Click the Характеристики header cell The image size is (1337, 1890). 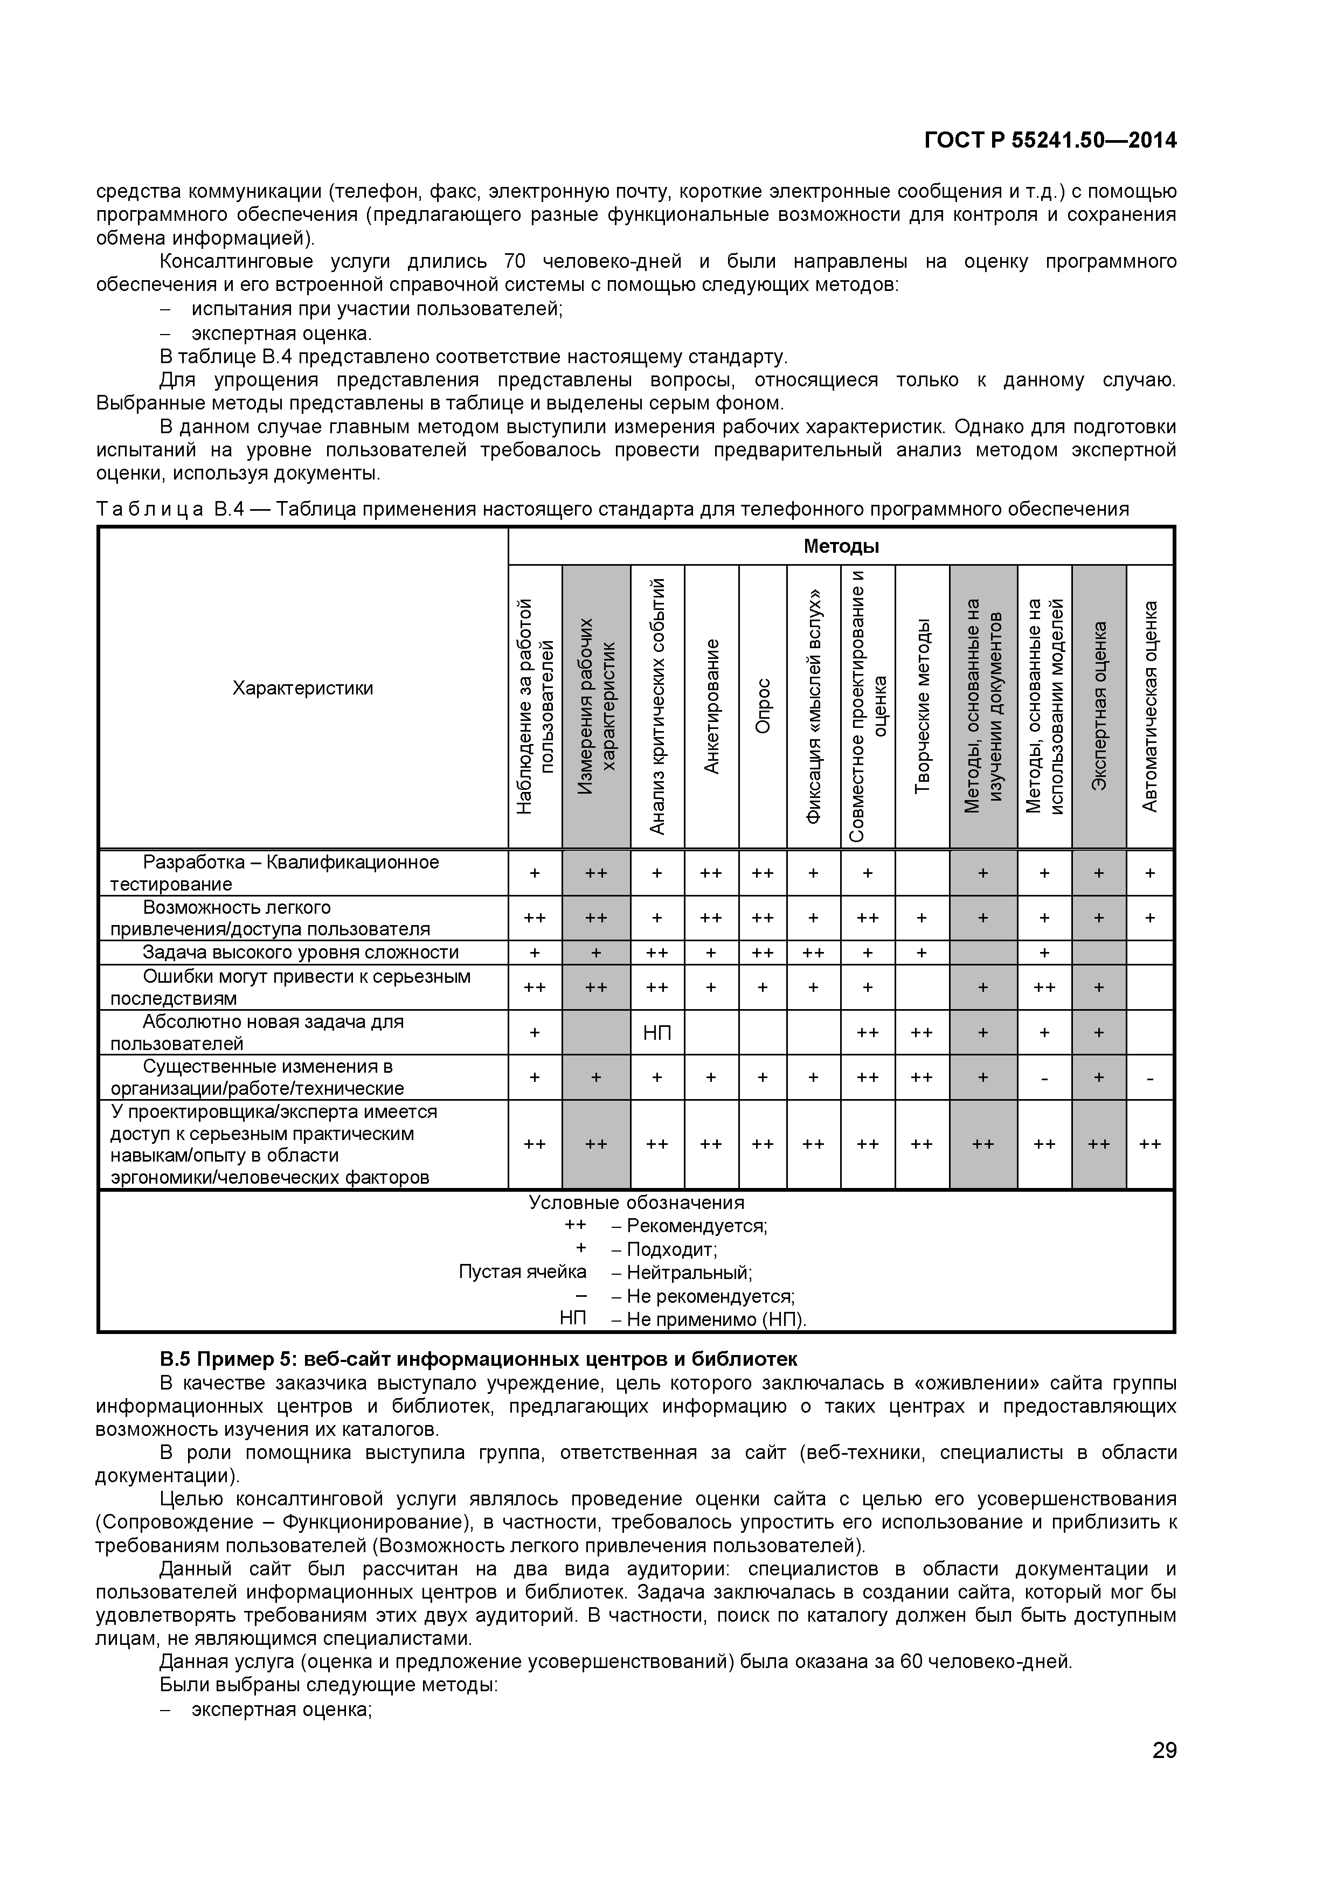coord(302,688)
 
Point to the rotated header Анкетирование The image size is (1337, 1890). coord(711,706)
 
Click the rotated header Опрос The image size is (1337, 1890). coord(763,706)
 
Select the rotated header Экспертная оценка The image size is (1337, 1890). coord(1098,706)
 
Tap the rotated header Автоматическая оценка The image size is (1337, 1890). coord(1149,706)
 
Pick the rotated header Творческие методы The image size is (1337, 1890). coord(922,706)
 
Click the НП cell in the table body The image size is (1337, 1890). coord(656,1033)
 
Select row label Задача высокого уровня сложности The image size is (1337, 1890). coord(301,953)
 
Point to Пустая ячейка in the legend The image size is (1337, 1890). coord(522,1273)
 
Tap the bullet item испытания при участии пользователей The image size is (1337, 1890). coord(376,309)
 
